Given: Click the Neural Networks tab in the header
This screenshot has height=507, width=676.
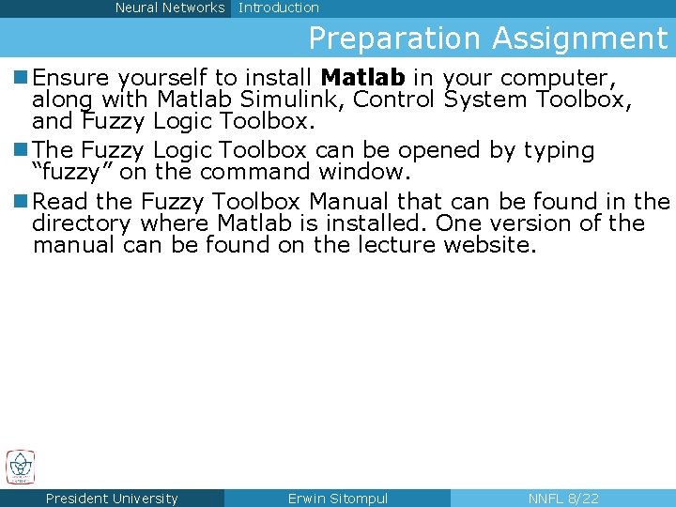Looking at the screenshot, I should pyautogui.click(x=169, y=8).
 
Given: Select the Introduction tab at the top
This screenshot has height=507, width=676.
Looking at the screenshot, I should pyautogui.click(x=279, y=8).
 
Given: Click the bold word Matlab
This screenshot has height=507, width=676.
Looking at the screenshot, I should pyautogui.click(x=362, y=77).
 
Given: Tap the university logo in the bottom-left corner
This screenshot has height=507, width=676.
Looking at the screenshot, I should pyautogui.click(x=20, y=467).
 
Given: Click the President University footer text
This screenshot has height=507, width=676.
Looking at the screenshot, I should pyautogui.click(x=112, y=499).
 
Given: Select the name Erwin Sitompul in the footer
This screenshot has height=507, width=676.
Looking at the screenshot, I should pyautogui.click(x=337, y=499).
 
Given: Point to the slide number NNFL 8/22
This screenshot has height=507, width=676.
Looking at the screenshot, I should pyautogui.click(x=563, y=499).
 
